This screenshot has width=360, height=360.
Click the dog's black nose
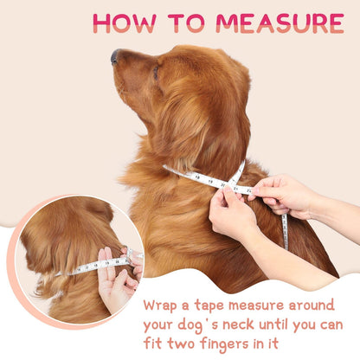(115, 56)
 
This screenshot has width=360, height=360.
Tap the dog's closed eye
(156, 73)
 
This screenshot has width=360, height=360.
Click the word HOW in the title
(125, 23)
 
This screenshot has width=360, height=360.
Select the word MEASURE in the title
(280, 23)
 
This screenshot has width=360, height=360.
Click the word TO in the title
(186, 23)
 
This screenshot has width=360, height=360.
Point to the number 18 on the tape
(197, 177)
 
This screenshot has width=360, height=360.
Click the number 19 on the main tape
(210, 182)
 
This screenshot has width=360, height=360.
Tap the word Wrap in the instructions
(160, 305)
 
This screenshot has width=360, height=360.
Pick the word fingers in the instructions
(224, 344)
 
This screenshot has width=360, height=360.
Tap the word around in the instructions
(312, 305)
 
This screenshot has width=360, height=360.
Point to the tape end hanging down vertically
(285, 232)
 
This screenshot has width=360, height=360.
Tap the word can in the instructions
(331, 325)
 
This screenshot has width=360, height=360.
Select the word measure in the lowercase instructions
(256, 305)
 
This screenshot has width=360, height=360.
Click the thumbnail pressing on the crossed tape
(228, 190)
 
